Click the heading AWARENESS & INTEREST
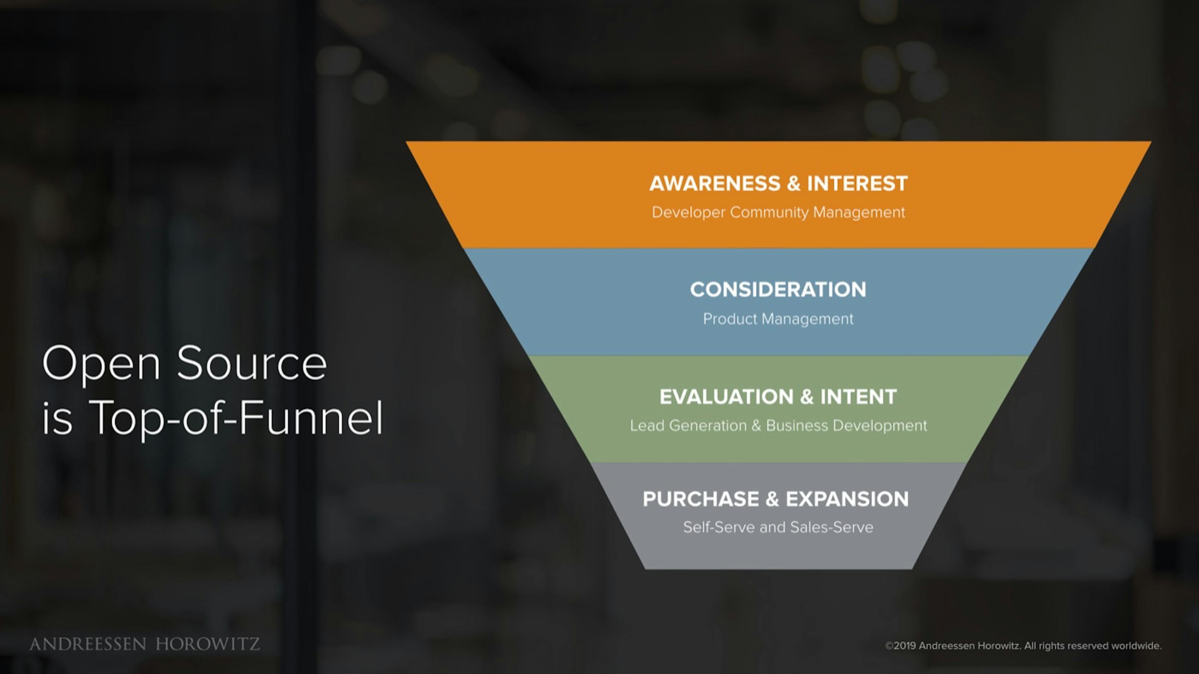(778, 183)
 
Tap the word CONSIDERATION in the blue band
(778, 289)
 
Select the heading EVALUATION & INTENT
(778, 396)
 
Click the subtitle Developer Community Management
(778, 212)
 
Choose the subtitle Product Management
(778, 319)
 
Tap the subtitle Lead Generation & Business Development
(778, 426)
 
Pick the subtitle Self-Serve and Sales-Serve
(778, 527)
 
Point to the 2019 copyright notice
(1023, 646)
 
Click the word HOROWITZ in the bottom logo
(208, 644)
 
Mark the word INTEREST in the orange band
(857, 183)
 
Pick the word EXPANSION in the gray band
(847, 499)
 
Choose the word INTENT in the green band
(858, 396)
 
